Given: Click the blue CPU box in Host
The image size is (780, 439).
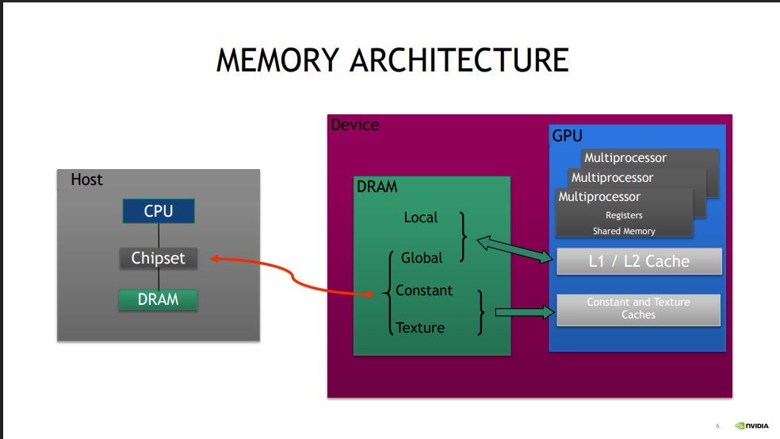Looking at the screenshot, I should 158,211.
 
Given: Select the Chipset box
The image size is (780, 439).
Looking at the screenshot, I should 158,258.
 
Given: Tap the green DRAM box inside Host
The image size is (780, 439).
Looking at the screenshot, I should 158,299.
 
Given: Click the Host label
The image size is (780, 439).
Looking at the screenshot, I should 86,179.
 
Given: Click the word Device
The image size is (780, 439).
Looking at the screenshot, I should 354,125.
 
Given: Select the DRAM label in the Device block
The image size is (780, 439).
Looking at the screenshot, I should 377,187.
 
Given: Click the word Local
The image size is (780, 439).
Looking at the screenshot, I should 420,217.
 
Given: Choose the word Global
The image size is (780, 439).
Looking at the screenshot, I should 422,258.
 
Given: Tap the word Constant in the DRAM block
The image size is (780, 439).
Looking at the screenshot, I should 424,291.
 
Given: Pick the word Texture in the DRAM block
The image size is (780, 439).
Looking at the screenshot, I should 420,327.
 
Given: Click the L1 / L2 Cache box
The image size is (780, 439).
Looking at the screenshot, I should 639,261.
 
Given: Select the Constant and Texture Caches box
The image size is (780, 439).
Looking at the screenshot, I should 638,309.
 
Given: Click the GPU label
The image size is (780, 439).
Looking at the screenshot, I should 567,136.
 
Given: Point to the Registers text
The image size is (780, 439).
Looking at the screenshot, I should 624,215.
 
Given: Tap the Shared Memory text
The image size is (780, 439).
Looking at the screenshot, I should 624,231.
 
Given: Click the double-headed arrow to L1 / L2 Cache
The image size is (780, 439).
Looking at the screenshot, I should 514,248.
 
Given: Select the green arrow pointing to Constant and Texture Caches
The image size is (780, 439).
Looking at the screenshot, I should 524,312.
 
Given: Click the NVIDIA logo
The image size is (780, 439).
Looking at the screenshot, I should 751,426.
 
